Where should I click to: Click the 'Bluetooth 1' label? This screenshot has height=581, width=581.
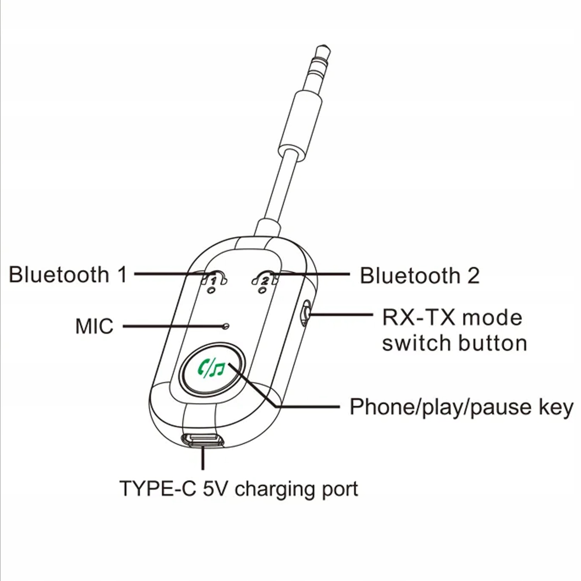pyautogui.click(x=68, y=274)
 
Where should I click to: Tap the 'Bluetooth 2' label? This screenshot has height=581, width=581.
pyautogui.click(x=419, y=275)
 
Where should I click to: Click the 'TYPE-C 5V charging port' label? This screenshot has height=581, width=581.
pyautogui.click(x=239, y=488)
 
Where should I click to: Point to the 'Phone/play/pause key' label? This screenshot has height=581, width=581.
pyautogui.click(x=461, y=407)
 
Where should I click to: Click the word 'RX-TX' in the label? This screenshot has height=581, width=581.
pyautogui.click(x=418, y=318)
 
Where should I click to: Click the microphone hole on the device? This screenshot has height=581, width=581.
pyautogui.click(x=226, y=326)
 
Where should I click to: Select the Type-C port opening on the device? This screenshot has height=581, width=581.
pyautogui.click(x=203, y=440)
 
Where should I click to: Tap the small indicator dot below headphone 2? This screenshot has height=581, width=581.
pyautogui.click(x=263, y=290)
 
